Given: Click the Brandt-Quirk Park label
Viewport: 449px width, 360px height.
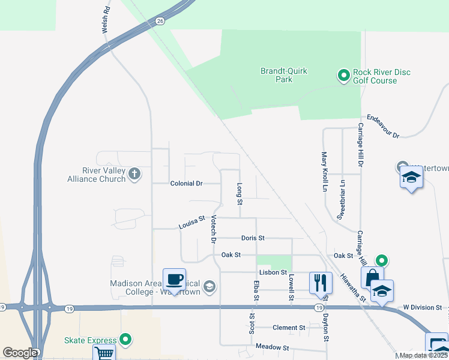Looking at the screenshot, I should (283, 75).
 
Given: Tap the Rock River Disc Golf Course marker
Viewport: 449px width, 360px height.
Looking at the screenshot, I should (343, 76).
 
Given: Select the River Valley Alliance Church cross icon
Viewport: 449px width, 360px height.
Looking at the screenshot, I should (134, 174).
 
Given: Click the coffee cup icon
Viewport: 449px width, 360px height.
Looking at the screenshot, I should (174, 280).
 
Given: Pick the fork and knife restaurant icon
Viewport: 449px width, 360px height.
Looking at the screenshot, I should (321, 282).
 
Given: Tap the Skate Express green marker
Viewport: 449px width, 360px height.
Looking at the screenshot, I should (125, 340).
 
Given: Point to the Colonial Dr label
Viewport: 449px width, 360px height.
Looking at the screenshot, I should (187, 183).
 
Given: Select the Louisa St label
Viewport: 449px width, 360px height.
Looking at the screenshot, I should (192, 223).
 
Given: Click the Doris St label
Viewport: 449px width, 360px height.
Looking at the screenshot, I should (253, 238).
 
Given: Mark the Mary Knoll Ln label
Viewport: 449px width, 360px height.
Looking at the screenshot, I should (324, 172).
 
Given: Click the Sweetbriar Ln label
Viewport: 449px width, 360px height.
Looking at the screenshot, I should (340, 200).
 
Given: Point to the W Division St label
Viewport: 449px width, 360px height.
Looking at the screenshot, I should (422, 307).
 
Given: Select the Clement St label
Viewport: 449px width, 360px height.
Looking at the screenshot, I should (289, 328).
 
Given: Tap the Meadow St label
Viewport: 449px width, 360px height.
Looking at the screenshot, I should (273, 347).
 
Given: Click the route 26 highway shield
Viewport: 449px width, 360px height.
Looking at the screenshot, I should (160, 21).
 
